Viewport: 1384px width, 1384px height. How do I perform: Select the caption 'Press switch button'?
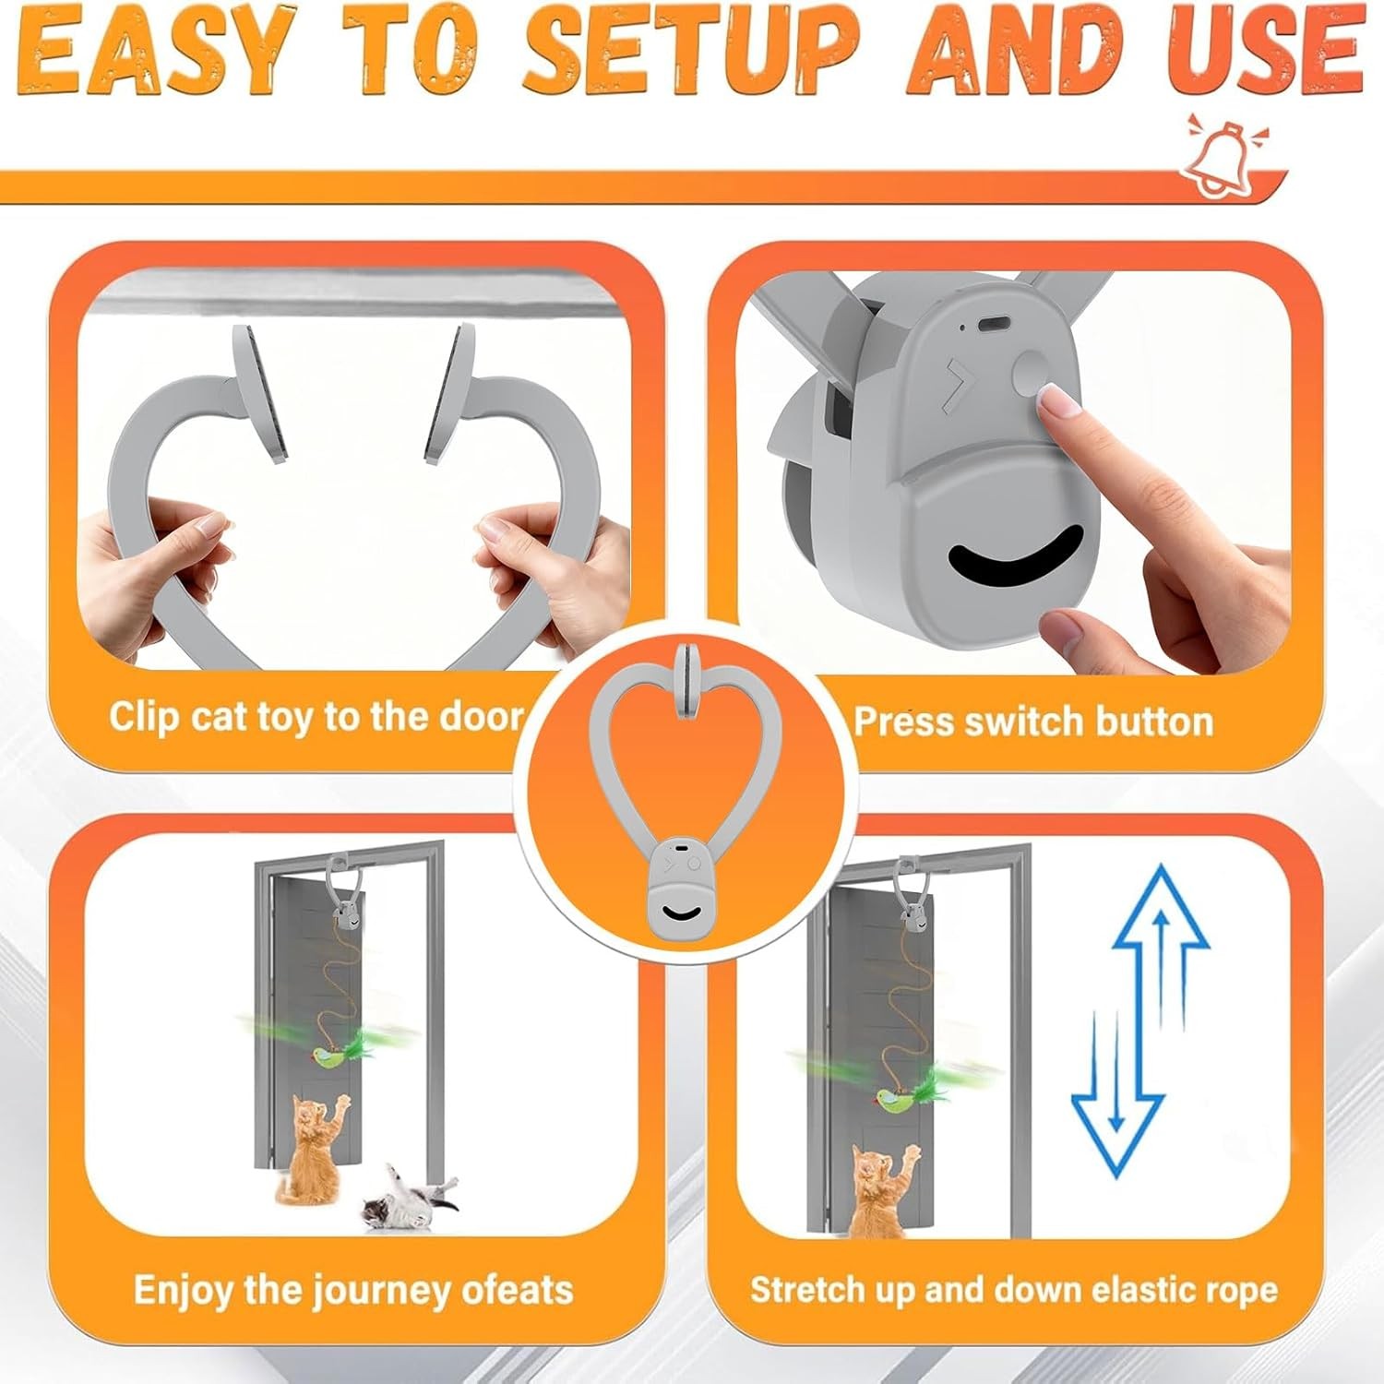tap(1033, 722)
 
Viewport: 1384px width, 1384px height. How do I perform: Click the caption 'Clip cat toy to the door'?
tap(316, 716)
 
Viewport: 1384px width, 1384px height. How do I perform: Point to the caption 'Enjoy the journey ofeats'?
tap(353, 1289)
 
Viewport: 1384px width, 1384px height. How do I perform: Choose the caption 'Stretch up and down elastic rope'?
tap(1014, 1289)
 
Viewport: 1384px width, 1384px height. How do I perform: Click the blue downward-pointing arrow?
tap(1117, 1093)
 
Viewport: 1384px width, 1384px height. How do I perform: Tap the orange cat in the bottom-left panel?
tap(309, 1148)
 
